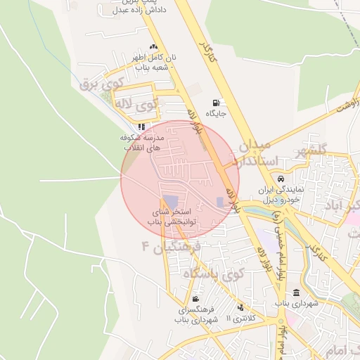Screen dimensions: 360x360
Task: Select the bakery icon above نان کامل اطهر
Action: [154, 47]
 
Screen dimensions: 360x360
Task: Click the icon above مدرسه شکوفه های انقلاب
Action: [141, 127]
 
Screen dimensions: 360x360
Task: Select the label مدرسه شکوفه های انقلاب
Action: [143, 143]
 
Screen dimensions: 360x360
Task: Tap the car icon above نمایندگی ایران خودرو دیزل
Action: [281, 179]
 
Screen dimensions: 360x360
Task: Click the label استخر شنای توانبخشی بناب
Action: [179, 217]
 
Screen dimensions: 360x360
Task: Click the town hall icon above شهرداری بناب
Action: [296, 292]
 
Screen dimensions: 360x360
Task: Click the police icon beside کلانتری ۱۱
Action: [241, 307]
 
